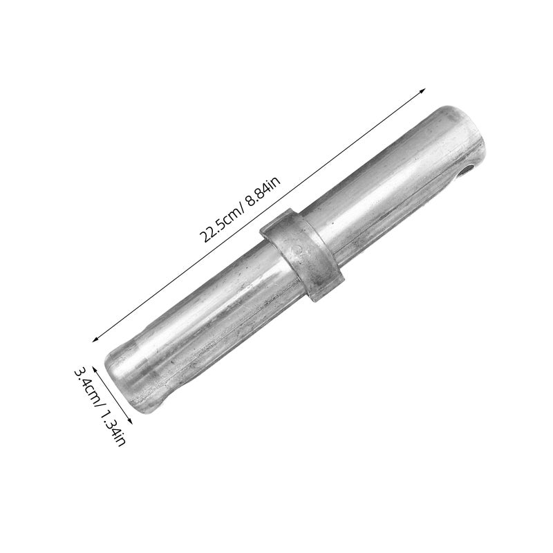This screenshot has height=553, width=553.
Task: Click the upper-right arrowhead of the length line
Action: [x=422, y=91]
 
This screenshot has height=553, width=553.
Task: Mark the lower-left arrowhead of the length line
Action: [x=95, y=339]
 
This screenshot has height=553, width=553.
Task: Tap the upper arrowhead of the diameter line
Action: [x=95, y=369]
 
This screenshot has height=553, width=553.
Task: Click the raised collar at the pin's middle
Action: [x=302, y=254]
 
